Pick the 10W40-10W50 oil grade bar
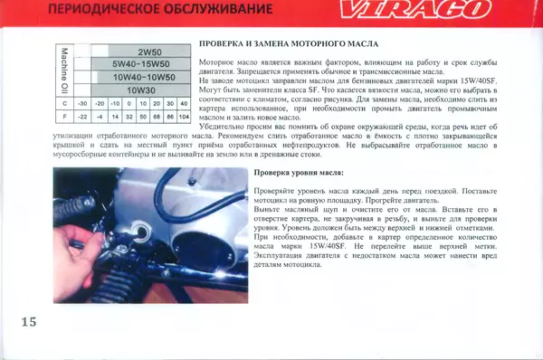click(144, 77)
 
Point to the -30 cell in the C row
click(82, 103)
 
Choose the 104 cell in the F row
click(184, 117)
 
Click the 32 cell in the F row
click(129, 117)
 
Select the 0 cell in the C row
click(129, 103)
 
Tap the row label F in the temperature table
click(64, 117)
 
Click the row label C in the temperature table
click(64, 103)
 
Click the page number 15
click(27, 323)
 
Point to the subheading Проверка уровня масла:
click(299, 171)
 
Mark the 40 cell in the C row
click(184, 103)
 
